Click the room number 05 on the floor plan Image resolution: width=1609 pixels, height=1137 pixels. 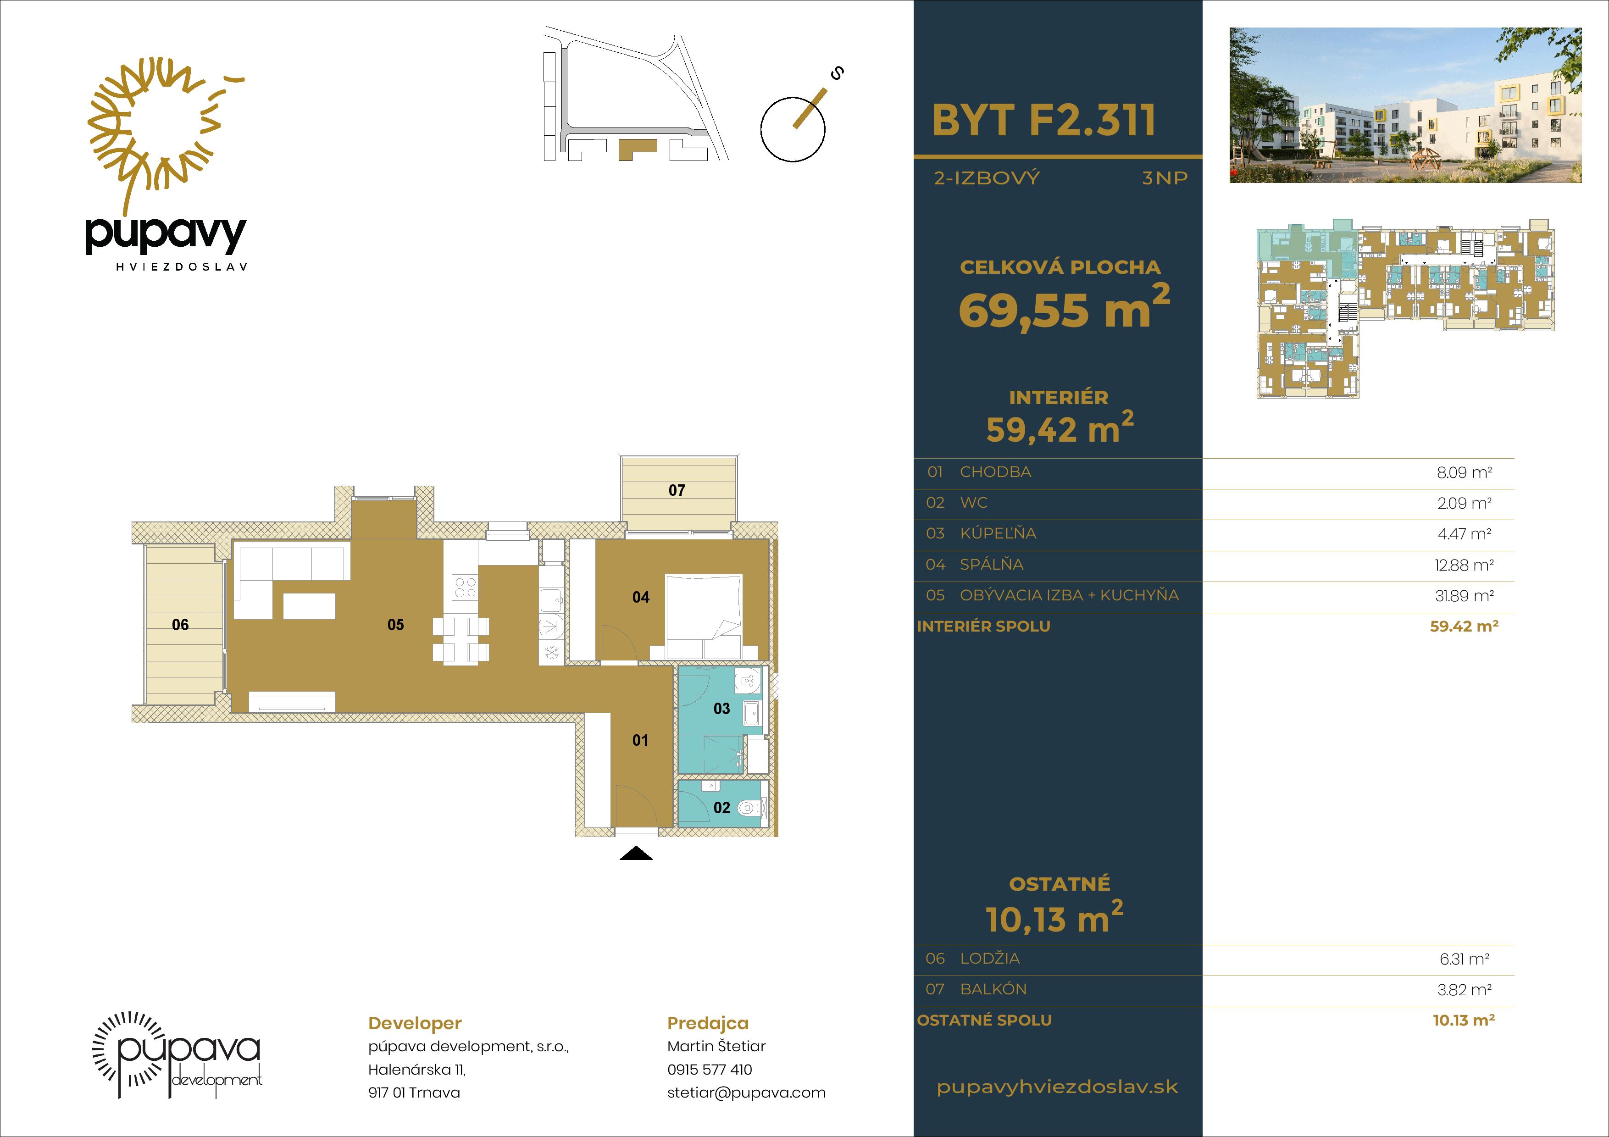tap(395, 624)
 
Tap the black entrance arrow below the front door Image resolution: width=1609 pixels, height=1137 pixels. tap(636, 853)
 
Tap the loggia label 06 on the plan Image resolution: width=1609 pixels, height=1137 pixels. tap(180, 624)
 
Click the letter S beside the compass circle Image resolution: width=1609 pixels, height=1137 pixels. tap(836, 72)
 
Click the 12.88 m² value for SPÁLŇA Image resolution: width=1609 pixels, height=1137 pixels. tap(1464, 565)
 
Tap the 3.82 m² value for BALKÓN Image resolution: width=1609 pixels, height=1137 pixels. tap(1464, 990)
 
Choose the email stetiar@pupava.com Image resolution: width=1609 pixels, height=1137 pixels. tap(746, 1092)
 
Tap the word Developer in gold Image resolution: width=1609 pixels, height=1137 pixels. tap(415, 1024)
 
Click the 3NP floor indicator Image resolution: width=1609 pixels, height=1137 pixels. tap(1165, 178)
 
